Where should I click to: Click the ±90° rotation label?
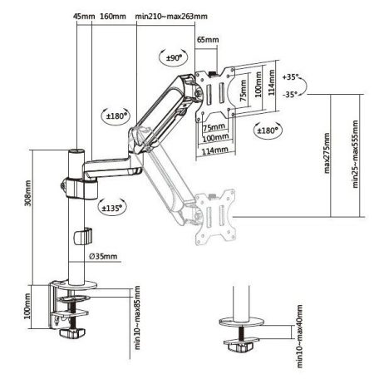[x=174, y=57]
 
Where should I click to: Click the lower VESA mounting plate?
[x=214, y=218]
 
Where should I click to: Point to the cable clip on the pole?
[x=81, y=235]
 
